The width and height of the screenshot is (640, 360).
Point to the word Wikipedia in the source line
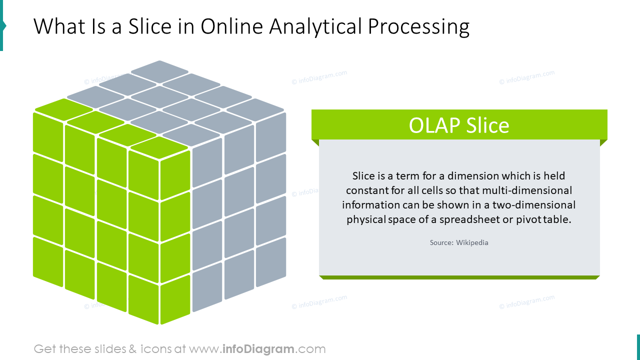[x=472, y=242]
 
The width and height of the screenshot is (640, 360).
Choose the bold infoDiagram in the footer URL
[x=258, y=349]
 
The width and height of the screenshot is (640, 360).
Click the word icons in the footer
[x=155, y=349]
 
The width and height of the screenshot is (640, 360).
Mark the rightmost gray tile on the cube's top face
[x=255, y=107]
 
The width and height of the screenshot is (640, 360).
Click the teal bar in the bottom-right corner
[x=638, y=347]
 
